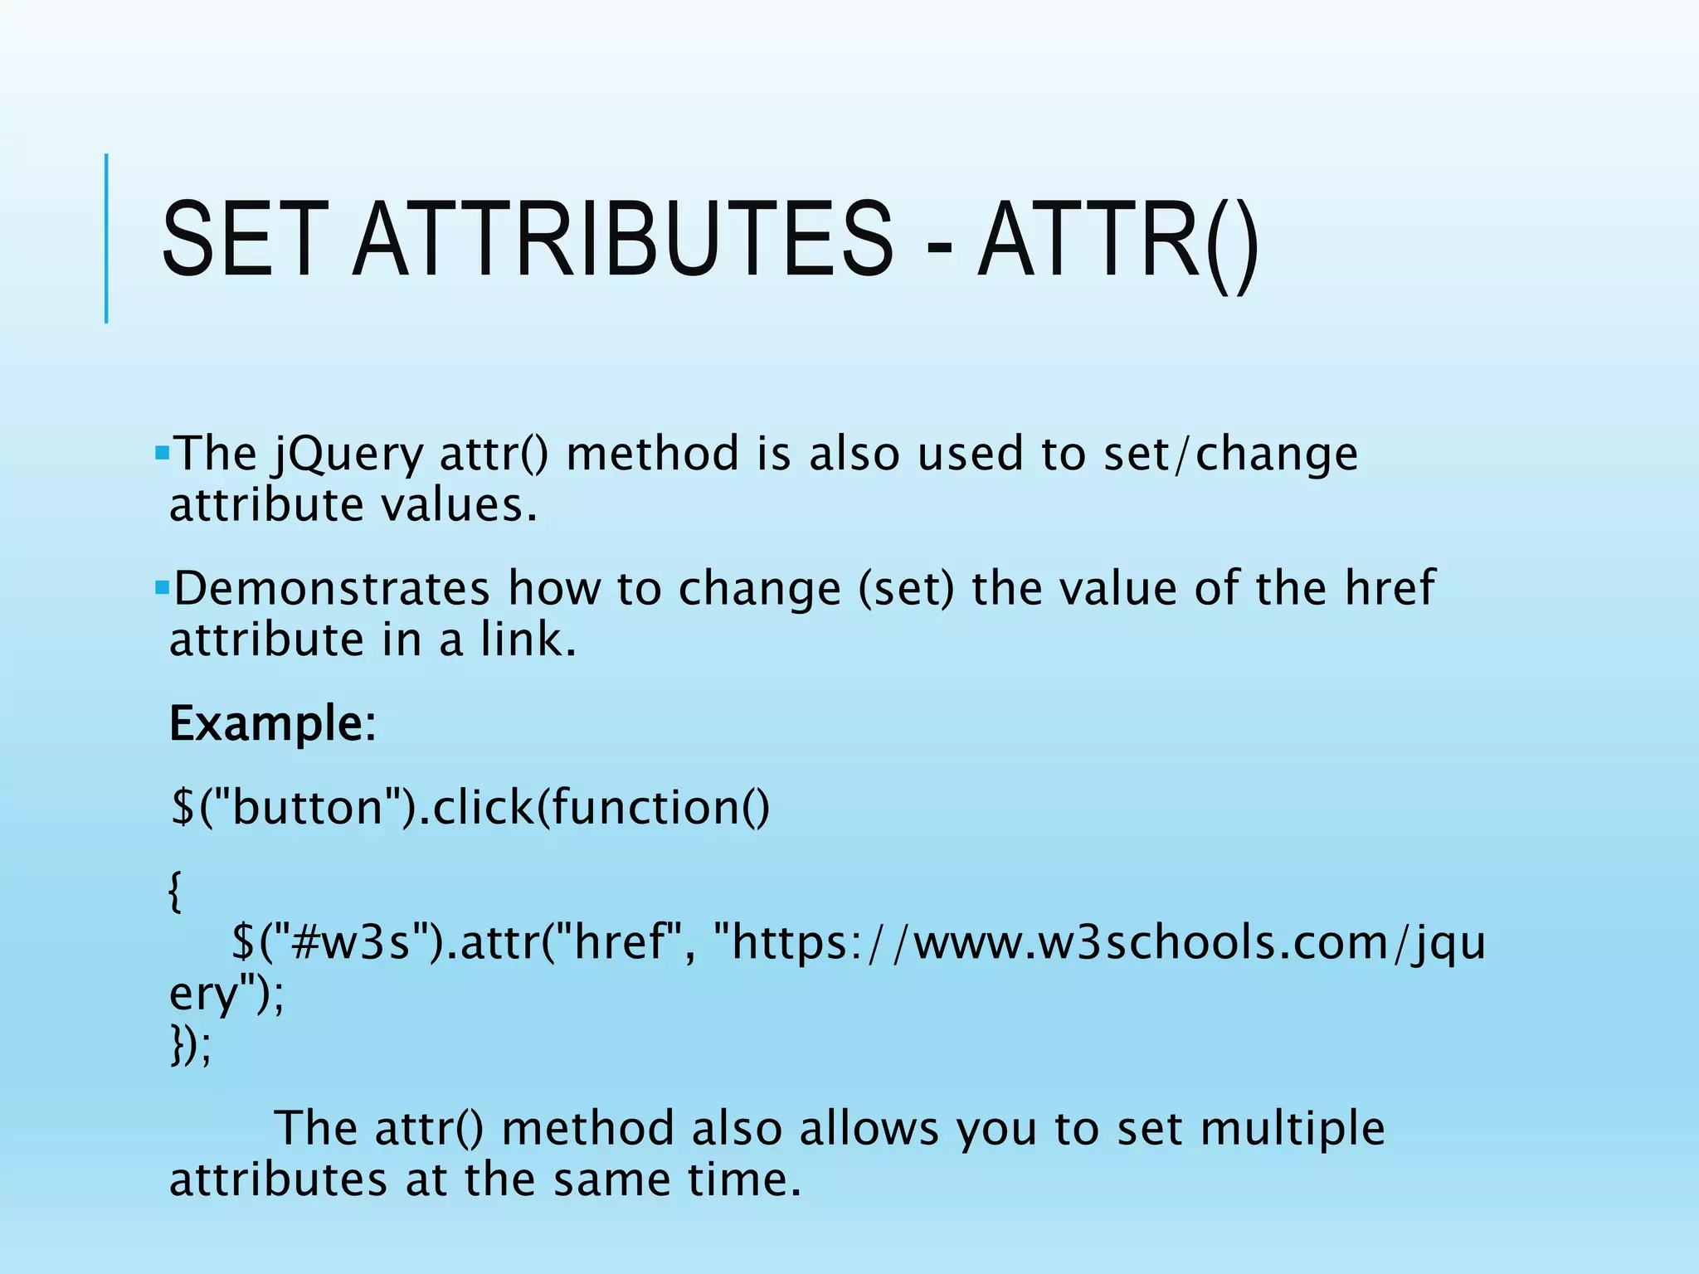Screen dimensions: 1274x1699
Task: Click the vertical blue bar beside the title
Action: [106, 239]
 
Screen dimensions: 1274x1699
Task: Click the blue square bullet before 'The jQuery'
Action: [162, 453]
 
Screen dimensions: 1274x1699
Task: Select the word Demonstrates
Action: [332, 588]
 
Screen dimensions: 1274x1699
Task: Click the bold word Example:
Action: [273, 724]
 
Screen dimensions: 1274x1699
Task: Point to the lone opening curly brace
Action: [175, 892]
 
